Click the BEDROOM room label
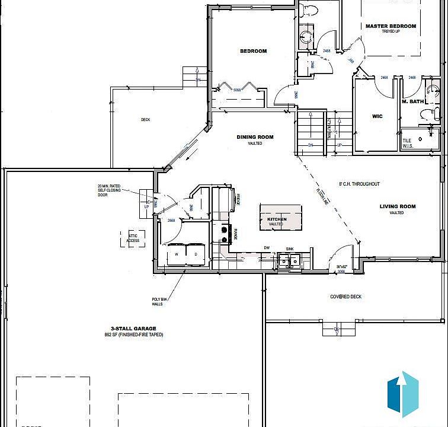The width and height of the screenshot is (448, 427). point(253,51)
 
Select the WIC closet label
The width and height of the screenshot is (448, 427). point(377,116)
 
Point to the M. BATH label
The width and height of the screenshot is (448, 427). point(412,101)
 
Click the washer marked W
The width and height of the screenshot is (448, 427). point(176,254)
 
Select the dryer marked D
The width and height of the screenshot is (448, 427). point(196,254)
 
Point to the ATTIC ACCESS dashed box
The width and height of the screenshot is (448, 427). point(133,238)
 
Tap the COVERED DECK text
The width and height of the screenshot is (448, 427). point(345,297)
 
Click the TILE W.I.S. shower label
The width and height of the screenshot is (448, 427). point(407,143)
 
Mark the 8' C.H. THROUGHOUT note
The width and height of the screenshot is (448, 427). point(359,184)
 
